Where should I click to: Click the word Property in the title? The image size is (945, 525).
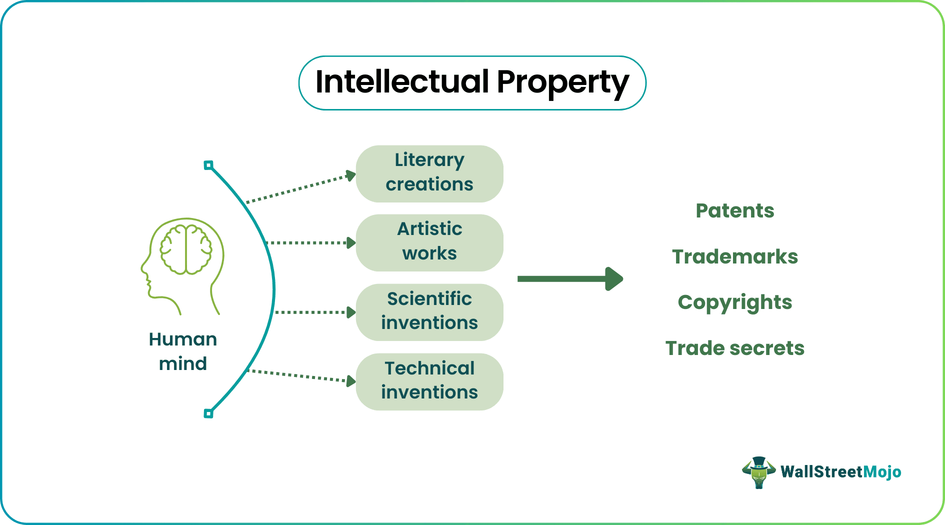point(562,84)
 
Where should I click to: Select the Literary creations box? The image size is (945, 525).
point(429,173)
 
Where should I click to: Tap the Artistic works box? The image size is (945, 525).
point(429,242)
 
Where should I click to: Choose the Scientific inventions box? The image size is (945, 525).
point(429,312)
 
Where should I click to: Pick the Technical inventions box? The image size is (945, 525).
point(429,381)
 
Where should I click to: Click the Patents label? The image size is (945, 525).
point(734,210)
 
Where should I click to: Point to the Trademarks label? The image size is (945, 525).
point(734,256)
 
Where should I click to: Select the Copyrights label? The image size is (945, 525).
point(734,303)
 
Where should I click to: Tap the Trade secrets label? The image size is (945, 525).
point(734,348)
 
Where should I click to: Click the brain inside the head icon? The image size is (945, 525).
point(186,249)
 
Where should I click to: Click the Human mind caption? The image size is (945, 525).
point(183,351)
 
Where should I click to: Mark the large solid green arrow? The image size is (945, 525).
point(570,278)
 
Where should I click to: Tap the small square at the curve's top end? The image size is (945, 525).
point(208,165)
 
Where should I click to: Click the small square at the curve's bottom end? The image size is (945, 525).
point(208,413)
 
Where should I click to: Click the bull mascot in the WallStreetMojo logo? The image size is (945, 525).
point(758,472)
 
